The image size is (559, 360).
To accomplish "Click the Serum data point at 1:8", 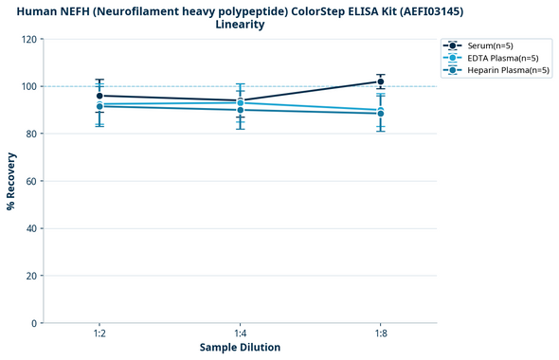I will click(381, 82).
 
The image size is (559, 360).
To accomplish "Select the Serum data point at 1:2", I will click(99, 96).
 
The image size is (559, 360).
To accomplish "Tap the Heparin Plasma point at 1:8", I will click(381, 114).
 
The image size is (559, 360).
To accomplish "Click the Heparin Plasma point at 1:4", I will click(241, 110).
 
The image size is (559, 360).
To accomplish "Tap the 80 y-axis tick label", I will click(32, 135).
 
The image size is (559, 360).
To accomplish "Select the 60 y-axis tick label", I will click(32, 181).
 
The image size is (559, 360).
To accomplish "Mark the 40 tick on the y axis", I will click(32, 228).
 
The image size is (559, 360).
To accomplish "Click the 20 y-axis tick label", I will click(32, 276).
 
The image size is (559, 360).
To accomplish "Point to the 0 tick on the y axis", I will click(35, 323).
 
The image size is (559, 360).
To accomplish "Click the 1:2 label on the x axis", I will click(99, 334).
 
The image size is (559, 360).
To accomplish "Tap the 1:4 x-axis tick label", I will click(241, 334).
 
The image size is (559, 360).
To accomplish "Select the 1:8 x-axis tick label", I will click(381, 334).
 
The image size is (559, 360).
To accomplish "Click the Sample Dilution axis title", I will click(240, 348).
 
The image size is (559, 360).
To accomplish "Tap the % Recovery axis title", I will click(11, 180).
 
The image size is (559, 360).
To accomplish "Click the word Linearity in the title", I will click(240, 25).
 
